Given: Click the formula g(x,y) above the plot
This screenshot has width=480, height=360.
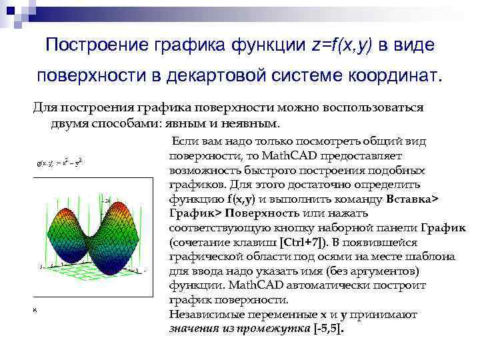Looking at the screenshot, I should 59,161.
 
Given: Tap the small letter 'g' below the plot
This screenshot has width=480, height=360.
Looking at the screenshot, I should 34,310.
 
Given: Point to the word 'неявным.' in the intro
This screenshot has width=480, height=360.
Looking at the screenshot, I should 253,123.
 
